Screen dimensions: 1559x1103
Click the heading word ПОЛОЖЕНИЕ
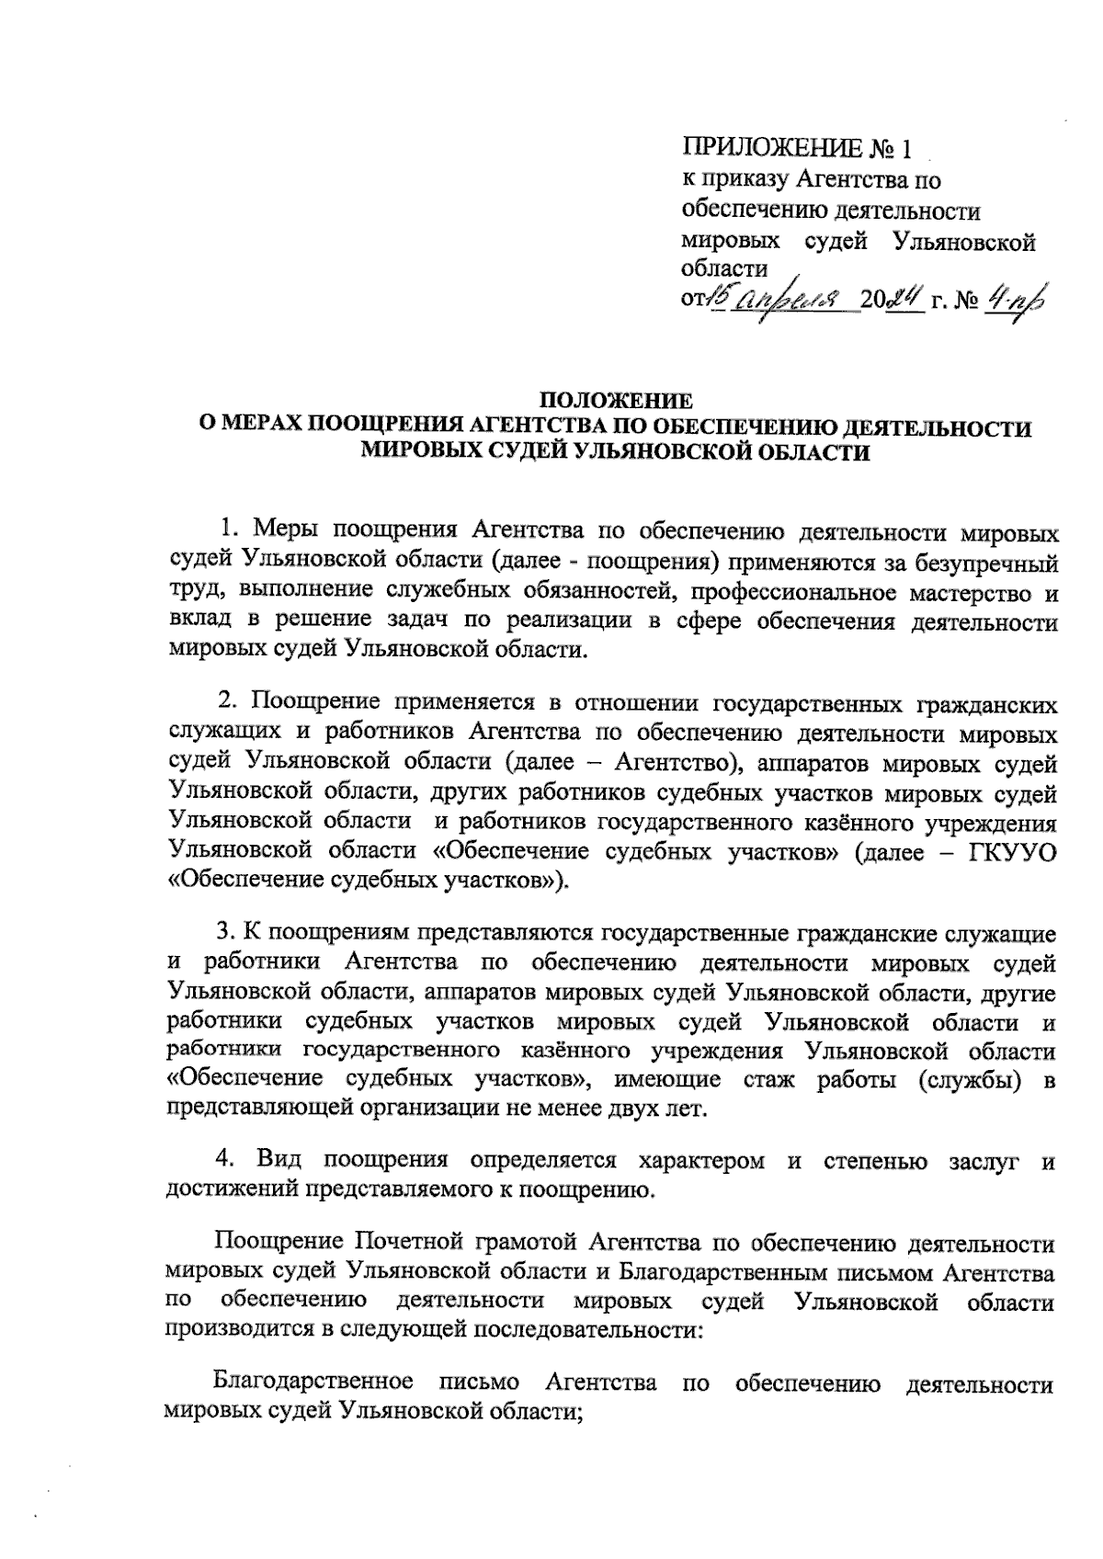(615, 401)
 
